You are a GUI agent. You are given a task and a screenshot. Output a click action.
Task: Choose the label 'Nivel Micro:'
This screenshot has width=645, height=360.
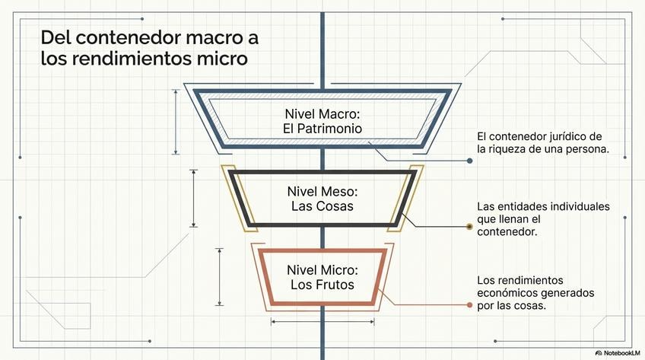coord(322,270)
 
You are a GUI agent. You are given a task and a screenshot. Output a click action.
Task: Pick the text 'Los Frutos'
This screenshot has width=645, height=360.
coord(322,285)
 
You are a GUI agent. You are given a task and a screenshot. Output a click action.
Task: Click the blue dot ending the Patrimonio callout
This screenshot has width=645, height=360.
coord(470,161)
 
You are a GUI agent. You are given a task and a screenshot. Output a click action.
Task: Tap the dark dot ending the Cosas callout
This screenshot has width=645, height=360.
coord(469,226)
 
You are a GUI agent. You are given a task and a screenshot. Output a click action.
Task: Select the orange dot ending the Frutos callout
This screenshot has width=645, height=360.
coord(470,305)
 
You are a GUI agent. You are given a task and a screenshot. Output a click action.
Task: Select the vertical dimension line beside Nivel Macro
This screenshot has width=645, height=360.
coord(176,122)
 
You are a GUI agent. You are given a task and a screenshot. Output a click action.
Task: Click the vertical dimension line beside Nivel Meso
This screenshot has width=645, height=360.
coord(194,198)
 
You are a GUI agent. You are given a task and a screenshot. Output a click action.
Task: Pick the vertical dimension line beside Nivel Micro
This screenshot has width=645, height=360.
coord(219,276)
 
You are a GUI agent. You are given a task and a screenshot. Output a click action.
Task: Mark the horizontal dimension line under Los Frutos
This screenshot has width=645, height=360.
coord(322,322)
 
